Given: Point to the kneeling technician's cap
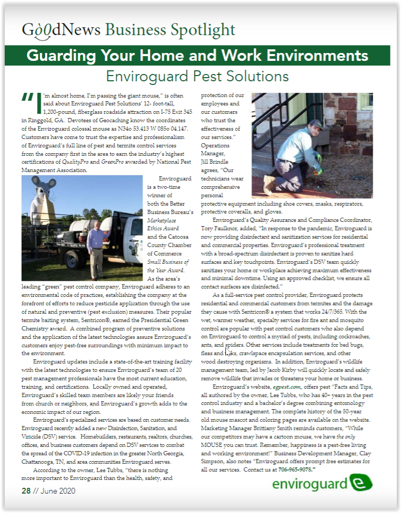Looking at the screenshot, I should [316, 124].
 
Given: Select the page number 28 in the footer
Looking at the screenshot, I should [26, 491].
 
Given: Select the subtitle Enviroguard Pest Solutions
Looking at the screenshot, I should [197, 77].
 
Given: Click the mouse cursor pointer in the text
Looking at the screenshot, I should [227, 354].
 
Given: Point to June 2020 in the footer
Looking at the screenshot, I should [57, 491].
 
